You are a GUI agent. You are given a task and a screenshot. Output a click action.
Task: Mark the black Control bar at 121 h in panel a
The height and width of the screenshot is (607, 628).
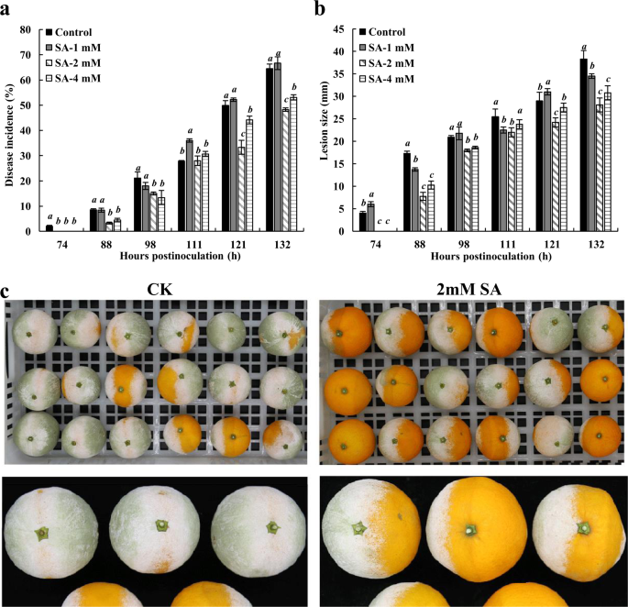pos(225,168)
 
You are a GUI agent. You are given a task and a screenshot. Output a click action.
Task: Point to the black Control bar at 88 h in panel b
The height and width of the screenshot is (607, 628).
pos(407,192)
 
